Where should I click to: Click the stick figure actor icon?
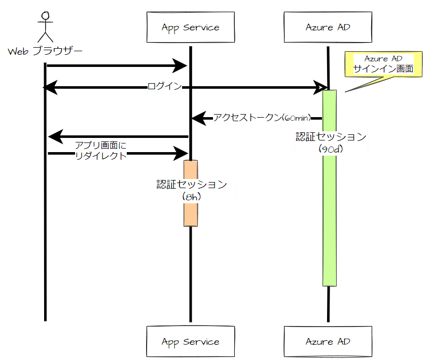[x=45, y=25]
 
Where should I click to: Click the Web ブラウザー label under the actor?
[x=45, y=51]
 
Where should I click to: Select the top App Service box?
[x=190, y=27]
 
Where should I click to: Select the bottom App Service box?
[x=190, y=342]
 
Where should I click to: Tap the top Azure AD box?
[x=328, y=27]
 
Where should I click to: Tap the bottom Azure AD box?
[x=328, y=342]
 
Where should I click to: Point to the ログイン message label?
[x=164, y=87]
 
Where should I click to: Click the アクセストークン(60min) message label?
[x=261, y=118]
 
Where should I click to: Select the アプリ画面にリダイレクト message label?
[x=100, y=151]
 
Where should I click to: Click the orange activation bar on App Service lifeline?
[x=190, y=213]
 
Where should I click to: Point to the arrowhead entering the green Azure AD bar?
[x=320, y=87]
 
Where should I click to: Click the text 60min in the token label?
[x=297, y=118]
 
